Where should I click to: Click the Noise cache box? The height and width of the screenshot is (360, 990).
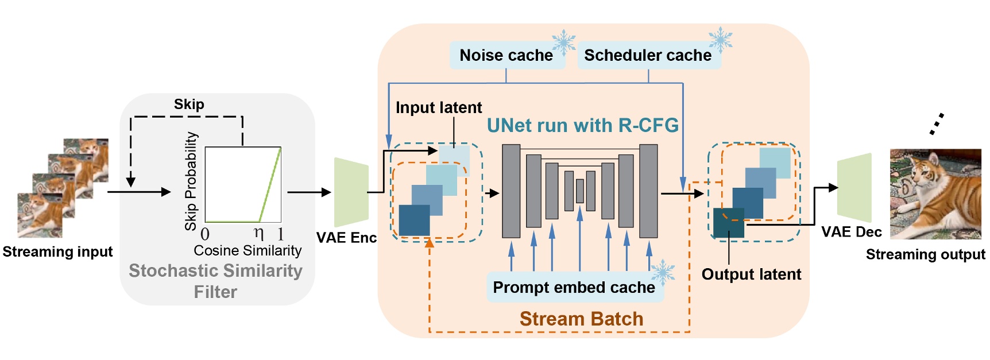click(506, 55)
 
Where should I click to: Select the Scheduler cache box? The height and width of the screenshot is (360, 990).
click(648, 55)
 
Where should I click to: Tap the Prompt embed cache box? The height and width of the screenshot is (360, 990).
click(574, 287)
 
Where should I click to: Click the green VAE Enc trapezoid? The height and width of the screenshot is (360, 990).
click(351, 192)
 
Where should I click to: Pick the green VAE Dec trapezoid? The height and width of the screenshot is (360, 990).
click(854, 188)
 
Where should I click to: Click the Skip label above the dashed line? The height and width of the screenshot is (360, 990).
click(189, 104)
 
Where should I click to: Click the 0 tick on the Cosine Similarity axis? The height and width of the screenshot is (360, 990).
click(205, 234)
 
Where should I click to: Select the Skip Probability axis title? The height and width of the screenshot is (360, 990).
click(191, 181)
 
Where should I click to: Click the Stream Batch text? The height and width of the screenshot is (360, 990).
click(581, 319)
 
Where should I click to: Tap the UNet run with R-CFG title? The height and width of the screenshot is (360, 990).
click(582, 125)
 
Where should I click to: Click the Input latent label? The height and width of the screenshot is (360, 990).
click(439, 107)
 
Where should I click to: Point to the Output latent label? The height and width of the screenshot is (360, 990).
click(751, 274)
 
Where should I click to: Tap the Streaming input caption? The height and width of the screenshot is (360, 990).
click(57, 251)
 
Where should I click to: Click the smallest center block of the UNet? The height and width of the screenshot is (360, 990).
click(580, 191)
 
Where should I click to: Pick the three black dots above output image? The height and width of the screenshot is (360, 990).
click(937, 124)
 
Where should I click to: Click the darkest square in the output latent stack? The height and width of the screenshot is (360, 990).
click(729, 223)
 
